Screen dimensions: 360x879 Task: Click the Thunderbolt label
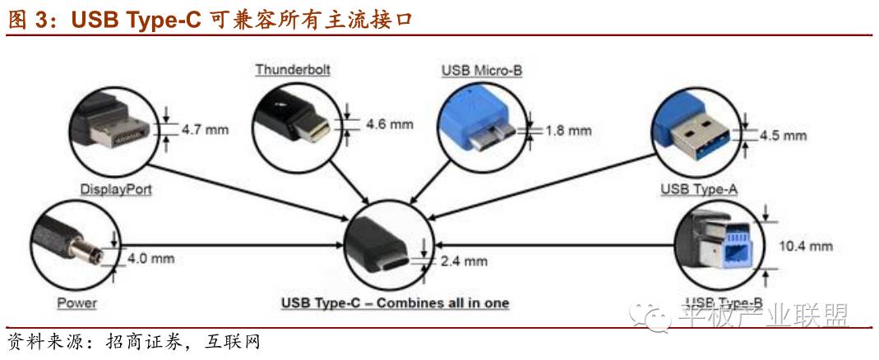pos(292,70)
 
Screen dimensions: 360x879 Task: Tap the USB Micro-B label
pos(481,71)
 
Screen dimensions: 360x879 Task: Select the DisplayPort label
pos(116,189)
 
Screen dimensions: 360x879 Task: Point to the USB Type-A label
pos(699,190)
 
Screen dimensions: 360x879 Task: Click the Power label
pos(76,303)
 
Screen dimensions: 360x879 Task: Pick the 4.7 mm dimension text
pos(205,128)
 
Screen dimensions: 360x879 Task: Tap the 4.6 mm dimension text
pos(389,124)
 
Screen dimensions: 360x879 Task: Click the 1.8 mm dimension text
pos(568,130)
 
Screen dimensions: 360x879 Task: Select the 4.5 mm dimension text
pos(783,135)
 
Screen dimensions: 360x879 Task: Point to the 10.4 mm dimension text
pos(806,246)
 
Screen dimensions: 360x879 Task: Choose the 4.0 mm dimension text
pos(151,258)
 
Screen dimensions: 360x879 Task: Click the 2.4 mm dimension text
pos(464,261)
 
